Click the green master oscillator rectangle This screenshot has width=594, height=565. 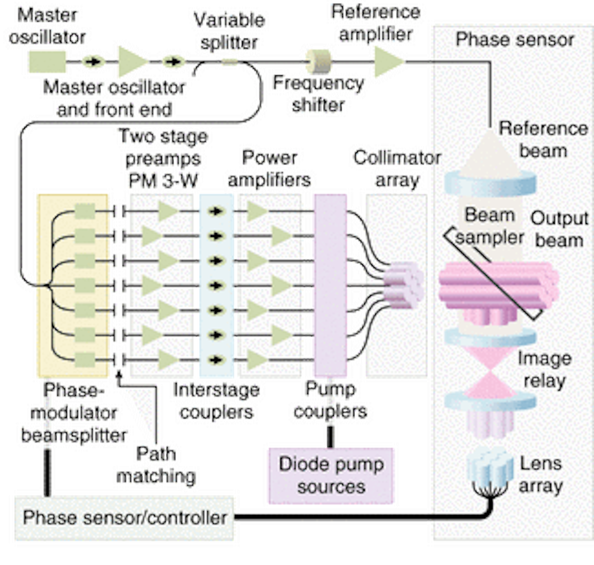(47, 61)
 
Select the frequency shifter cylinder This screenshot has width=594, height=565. (321, 61)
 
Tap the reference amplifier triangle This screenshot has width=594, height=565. (389, 61)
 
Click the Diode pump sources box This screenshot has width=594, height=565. (331, 476)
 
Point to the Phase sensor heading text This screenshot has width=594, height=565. (514, 40)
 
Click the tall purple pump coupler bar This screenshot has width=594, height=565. (330, 285)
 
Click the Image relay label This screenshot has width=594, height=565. (544, 369)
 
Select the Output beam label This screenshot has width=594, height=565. (559, 229)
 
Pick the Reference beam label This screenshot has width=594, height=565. (543, 139)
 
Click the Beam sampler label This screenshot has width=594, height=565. (490, 226)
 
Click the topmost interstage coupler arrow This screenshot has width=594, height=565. (215, 211)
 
